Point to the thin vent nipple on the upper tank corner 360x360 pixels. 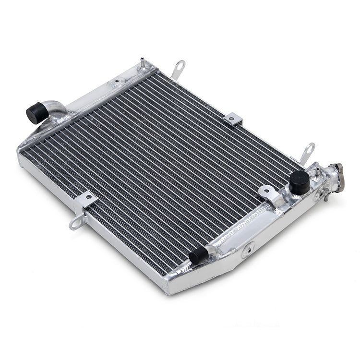(143, 63)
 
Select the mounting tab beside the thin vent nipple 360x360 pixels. (178, 69)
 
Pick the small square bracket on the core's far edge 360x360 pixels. (233, 119)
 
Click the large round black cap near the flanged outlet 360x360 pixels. (299, 182)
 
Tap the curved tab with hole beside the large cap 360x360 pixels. (268, 192)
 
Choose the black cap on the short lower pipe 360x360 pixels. (198, 256)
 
